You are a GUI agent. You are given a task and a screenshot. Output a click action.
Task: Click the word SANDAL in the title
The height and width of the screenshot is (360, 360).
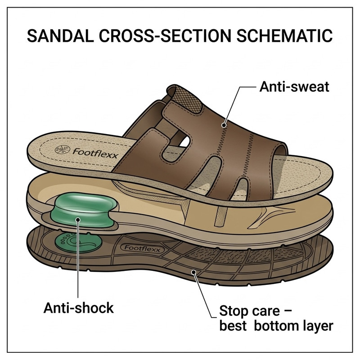[x=60, y=36]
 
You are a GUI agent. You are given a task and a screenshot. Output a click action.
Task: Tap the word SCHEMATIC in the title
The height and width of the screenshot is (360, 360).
[x=284, y=36]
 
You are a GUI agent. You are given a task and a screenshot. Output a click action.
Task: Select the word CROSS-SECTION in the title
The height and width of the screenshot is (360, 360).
[x=165, y=36]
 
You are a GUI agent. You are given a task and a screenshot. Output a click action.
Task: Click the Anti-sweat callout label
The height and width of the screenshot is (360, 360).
[x=294, y=87]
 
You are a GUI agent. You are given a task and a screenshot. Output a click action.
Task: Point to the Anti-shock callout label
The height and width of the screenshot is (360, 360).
[x=78, y=308]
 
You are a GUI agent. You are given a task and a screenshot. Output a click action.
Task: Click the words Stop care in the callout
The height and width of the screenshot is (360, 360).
[x=250, y=311]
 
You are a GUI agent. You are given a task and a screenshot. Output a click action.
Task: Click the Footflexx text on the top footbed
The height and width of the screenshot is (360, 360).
[x=95, y=153]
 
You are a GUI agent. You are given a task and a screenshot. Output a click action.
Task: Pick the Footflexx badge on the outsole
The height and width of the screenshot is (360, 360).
[x=142, y=248]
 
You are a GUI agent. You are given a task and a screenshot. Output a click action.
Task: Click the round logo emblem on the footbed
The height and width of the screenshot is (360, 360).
[x=63, y=150]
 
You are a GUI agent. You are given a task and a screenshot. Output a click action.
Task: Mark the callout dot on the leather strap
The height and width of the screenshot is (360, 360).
[x=224, y=125]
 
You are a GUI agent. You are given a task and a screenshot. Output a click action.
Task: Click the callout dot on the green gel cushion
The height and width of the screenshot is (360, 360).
[x=78, y=220]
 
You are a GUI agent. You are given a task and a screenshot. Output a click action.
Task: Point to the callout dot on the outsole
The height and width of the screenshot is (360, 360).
[x=194, y=272]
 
